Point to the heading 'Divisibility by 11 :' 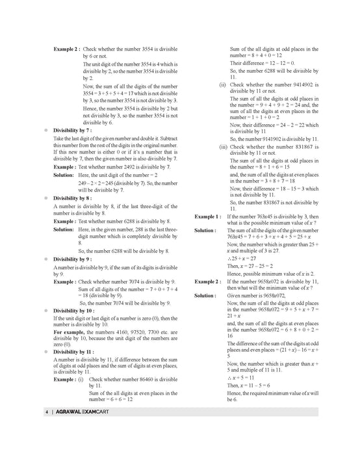tap(75, 351)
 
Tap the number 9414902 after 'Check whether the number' tap(309, 84)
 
